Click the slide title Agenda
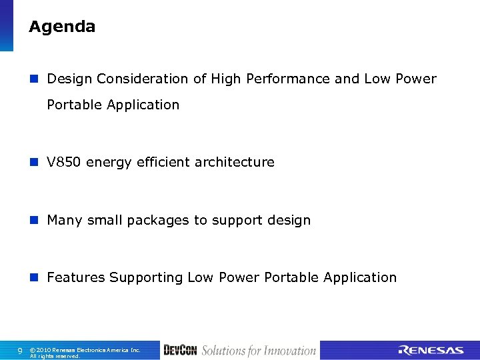62,27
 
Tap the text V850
64,163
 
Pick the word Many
64,221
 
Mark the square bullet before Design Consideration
35,79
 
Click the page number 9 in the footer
19,351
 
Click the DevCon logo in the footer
180,351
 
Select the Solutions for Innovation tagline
259,351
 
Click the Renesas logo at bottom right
431,351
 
